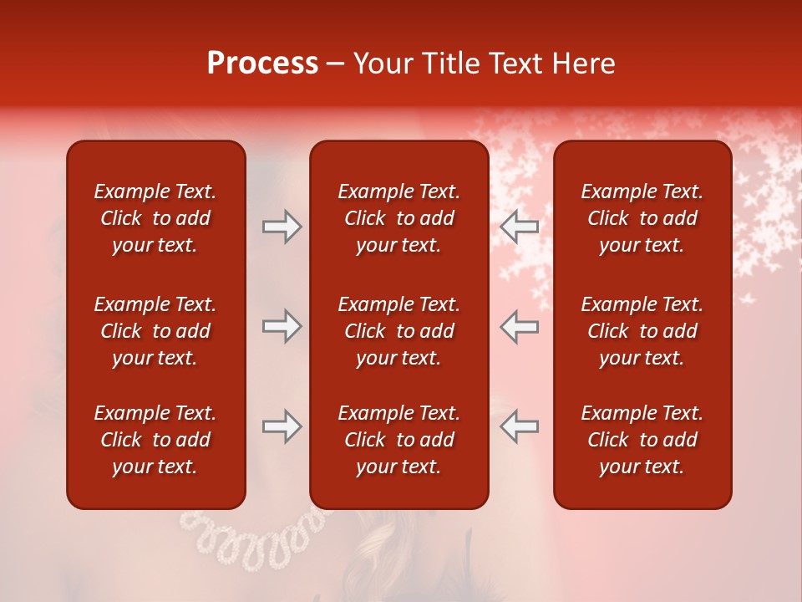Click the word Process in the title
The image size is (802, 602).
coord(262,64)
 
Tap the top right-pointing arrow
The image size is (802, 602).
coord(282,226)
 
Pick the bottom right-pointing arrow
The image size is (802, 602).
coord(282,426)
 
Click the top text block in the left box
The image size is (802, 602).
coord(155,218)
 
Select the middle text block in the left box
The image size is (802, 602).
coord(155,331)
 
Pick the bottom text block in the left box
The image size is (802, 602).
coord(155,440)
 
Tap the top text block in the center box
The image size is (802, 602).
coord(398,218)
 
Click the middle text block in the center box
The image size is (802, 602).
coord(398,331)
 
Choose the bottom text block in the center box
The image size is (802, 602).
coord(398,440)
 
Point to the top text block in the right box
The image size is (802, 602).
coord(642,218)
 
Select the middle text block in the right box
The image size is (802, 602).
coord(642,331)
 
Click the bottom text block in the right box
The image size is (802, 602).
coord(642,440)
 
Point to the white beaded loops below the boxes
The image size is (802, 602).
coord(251,535)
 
